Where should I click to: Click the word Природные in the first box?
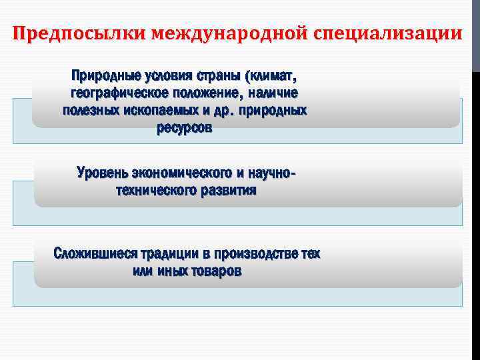[x=103, y=73]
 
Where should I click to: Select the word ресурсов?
[x=185, y=129]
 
